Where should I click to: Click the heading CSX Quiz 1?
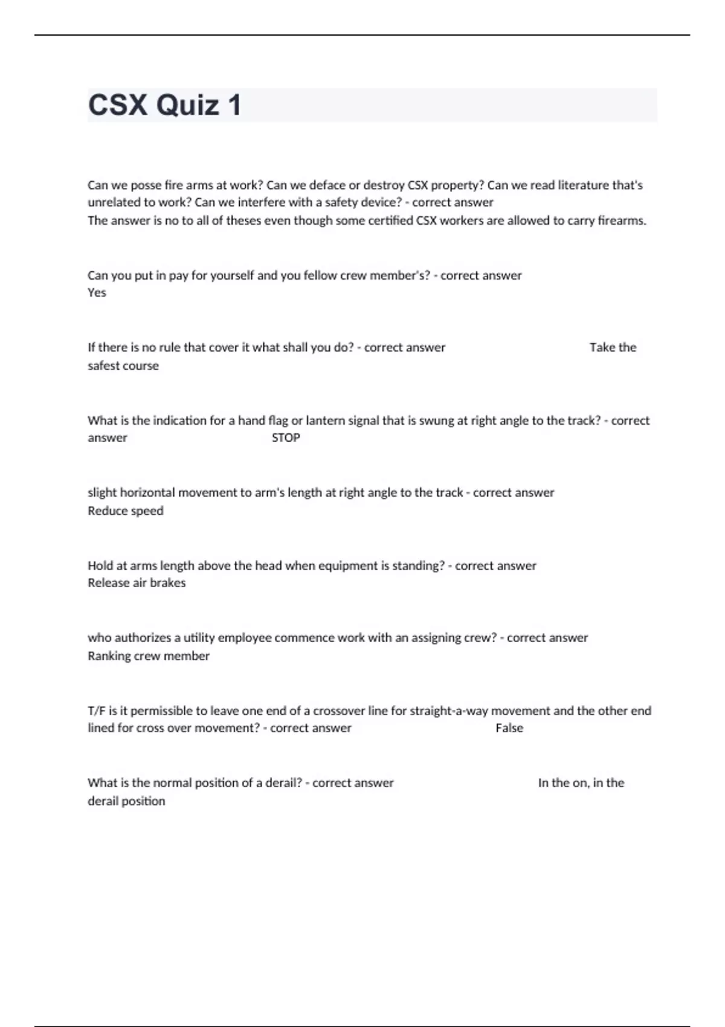point(164,105)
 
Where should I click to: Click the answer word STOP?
point(286,438)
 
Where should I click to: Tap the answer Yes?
point(97,293)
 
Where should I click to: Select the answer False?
point(509,729)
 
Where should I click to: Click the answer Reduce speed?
point(126,511)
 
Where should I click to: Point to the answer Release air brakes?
point(137,583)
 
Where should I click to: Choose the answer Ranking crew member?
point(149,656)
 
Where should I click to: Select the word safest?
point(105,366)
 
